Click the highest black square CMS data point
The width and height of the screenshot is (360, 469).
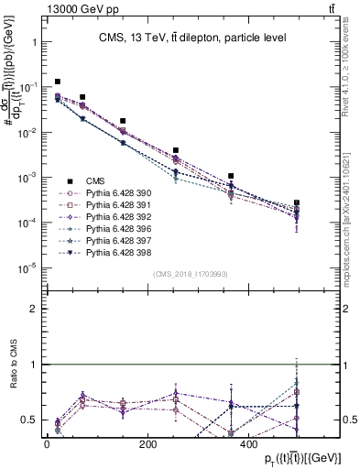click(x=58, y=82)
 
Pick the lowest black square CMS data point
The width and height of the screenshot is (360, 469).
click(x=297, y=202)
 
